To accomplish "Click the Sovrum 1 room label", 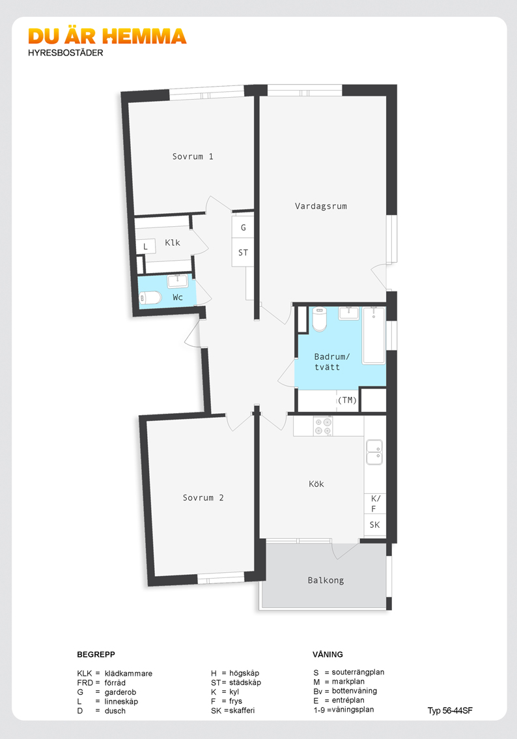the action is coord(193,156).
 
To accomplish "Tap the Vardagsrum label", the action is coord(320,206).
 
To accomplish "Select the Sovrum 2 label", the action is coord(203,498).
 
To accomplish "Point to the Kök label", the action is coord(316,484).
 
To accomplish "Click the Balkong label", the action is coord(326,580).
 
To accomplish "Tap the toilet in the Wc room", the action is coord(150,298).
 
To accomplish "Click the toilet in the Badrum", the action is coord(320,319).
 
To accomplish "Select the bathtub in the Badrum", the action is coord(374,335).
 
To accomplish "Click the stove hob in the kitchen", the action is coord(323,426).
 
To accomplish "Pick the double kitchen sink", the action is coord(374,452).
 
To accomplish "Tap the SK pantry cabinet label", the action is coord(375,525).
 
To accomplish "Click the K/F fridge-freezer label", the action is coord(375,503).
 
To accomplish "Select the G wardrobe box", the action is coord(243,227).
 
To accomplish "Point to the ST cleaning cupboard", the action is coord(243,253).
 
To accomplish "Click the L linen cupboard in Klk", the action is coord(145,246).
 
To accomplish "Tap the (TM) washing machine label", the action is coord(348,400).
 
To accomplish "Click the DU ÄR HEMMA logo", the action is coord(107,36).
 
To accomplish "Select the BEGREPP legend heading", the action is coord(96,654).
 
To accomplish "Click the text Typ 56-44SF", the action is coord(450,711).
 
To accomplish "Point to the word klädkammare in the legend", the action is coord(128,673).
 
